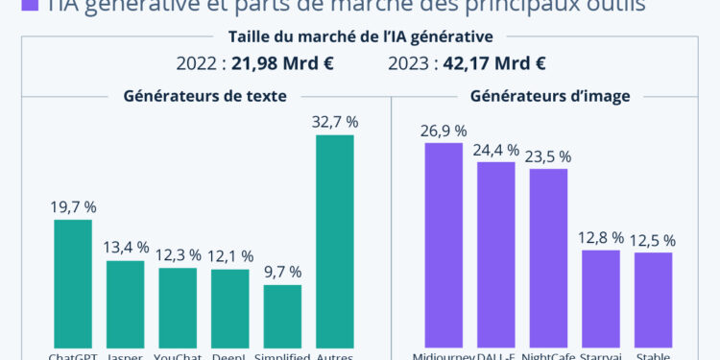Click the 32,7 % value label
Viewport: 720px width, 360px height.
point(335,122)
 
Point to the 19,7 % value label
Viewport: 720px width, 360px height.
point(73,206)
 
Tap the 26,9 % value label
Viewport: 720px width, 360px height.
point(444,131)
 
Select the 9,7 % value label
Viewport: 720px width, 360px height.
point(282,272)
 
